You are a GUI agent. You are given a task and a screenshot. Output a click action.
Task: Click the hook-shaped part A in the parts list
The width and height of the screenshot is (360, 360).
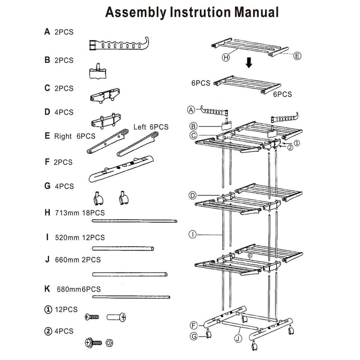118,45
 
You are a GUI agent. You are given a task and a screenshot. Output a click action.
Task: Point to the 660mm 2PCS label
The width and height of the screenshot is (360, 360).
77,260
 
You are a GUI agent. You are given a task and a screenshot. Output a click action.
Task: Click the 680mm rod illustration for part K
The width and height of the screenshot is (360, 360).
130,297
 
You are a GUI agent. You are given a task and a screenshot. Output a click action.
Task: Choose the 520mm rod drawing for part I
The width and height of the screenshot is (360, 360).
123,248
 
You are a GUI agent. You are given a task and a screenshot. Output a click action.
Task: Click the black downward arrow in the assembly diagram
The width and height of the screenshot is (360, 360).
249,63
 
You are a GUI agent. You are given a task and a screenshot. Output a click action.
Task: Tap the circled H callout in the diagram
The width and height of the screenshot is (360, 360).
225,58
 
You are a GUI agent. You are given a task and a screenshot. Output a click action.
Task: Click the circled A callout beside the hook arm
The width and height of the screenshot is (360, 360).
191,110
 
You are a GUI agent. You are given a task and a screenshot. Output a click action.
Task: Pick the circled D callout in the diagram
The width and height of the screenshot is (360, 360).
192,195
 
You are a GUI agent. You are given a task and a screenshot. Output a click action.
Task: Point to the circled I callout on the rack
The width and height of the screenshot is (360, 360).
192,234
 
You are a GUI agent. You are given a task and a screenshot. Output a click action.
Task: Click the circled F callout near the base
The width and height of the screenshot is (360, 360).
193,325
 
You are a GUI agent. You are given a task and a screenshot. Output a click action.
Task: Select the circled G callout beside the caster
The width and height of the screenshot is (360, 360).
193,336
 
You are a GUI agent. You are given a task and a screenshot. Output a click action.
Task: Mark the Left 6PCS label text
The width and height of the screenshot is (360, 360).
151,127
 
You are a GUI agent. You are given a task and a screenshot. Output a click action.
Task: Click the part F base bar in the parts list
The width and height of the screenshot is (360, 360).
121,167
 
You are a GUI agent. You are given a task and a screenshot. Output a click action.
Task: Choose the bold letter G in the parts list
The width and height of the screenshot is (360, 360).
47,185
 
